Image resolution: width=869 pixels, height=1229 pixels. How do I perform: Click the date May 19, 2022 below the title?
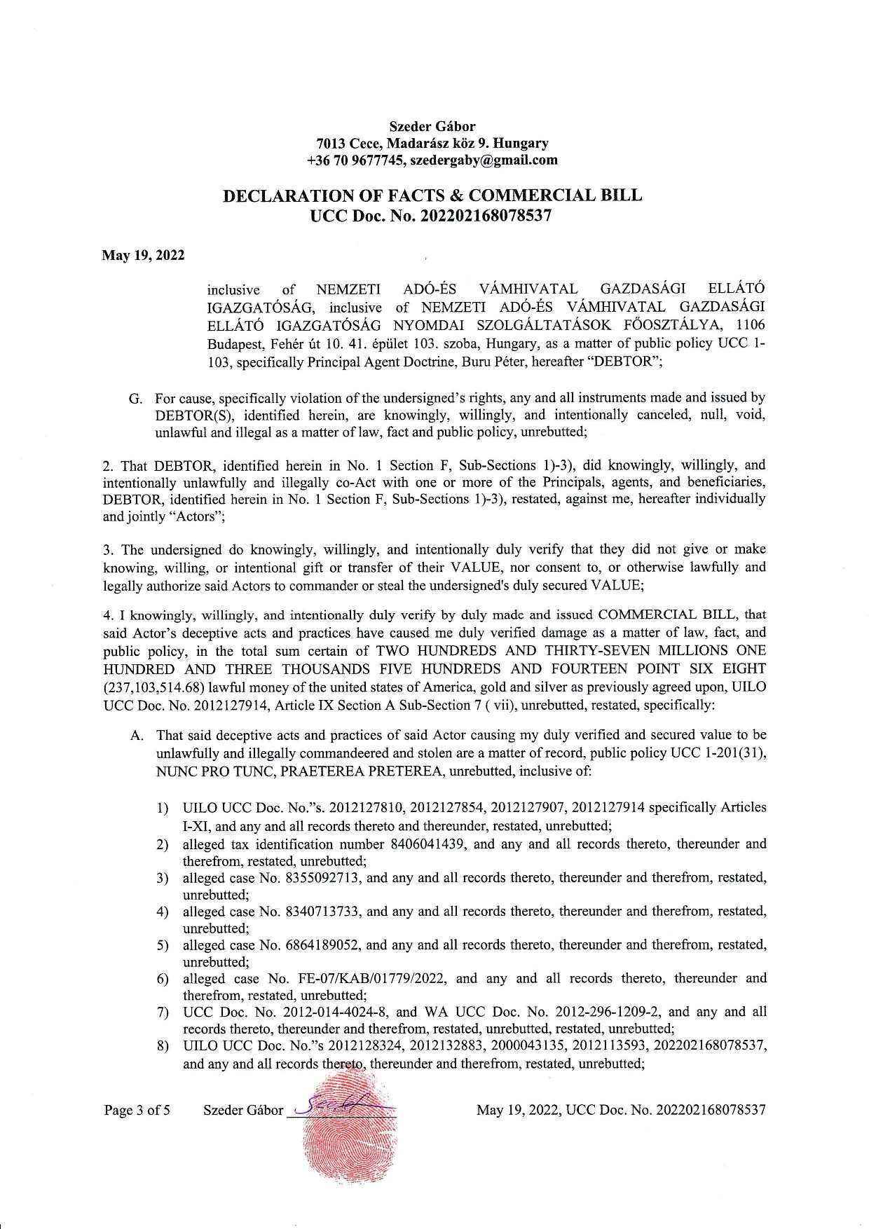pyautogui.click(x=144, y=255)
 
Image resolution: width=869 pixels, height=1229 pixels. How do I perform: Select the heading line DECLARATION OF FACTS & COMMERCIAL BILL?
pyautogui.click(x=432, y=195)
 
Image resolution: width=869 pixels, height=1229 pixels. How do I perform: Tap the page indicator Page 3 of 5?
pyautogui.click(x=137, y=1110)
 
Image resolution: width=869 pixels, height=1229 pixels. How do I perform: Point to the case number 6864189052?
pyautogui.click(x=323, y=945)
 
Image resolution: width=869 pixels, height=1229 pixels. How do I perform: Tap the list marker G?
pyautogui.click(x=135, y=399)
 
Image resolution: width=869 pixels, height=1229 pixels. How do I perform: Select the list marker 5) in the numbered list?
pyautogui.click(x=163, y=945)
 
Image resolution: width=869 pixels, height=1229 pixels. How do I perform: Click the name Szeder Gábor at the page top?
pyautogui.click(x=432, y=126)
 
